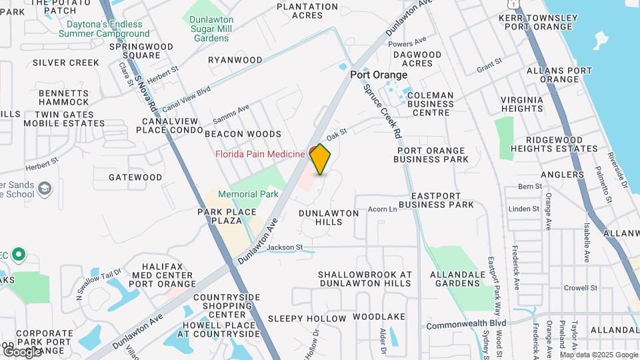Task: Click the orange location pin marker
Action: [321, 159]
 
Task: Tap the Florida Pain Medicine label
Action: [260, 154]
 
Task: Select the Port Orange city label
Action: [379, 75]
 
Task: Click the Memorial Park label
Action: [247, 194]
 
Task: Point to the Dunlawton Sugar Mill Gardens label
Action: [211, 29]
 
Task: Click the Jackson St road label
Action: [285, 248]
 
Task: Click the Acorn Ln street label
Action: [382, 209]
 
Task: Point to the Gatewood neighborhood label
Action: [135, 177]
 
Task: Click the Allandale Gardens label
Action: [455, 279]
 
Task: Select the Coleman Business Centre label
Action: [430, 103]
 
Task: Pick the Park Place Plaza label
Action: [227, 216]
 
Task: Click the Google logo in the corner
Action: [21, 351]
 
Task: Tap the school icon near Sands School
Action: [45, 189]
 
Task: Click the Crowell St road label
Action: [580, 288]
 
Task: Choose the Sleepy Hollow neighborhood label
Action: [307, 319]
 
